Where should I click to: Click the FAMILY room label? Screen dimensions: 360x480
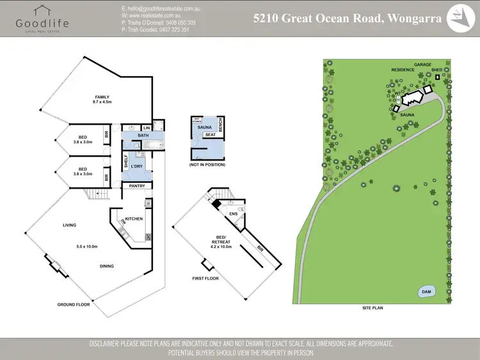pyautogui.click(x=102, y=97)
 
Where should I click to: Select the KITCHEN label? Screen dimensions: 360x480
pyautogui.click(x=134, y=219)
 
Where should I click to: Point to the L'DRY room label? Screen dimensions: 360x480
pyautogui.click(x=136, y=166)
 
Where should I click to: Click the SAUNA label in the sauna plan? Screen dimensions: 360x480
pyautogui.click(x=204, y=128)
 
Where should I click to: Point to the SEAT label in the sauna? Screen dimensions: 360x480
pyautogui.click(x=209, y=135)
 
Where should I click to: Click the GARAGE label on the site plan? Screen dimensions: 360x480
pyautogui.click(x=422, y=65)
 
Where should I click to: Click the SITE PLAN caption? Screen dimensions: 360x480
pyautogui.click(x=371, y=308)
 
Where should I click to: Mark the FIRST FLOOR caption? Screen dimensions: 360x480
pyautogui.click(x=205, y=279)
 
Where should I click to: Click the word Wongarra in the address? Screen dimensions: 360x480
pyautogui.click(x=413, y=18)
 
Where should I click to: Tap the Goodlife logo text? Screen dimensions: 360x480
pyautogui.click(x=42, y=23)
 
